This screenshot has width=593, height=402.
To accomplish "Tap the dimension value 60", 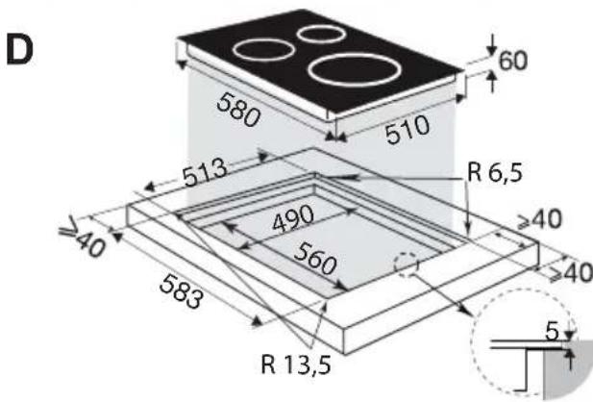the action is pyautogui.click(x=513, y=61).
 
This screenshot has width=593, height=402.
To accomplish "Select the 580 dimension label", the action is pyautogui.click(x=238, y=110).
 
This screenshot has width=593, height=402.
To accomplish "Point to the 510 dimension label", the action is pyautogui.click(x=408, y=130).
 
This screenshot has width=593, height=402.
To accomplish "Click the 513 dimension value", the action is pyautogui.click(x=205, y=173).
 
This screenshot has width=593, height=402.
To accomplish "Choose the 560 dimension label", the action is pyautogui.click(x=315, y=259).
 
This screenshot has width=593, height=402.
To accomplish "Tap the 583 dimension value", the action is pyautogui.click(x=181, y=291).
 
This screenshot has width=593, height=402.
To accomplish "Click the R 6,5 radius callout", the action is pyautogui.click(x=495, y=172).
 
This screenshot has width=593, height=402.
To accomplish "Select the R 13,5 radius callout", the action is pyautogui.click(x=296, y=364).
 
